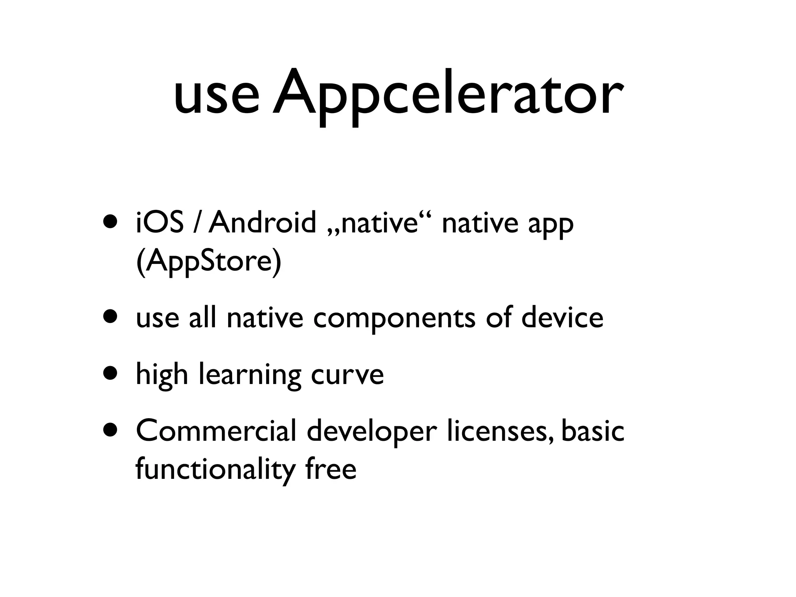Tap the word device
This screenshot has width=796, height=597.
pos(562,318)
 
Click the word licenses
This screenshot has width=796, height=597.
pos(500,431)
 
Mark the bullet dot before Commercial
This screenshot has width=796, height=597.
pos(110,431)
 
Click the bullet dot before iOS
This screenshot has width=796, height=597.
pos(110,223)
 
